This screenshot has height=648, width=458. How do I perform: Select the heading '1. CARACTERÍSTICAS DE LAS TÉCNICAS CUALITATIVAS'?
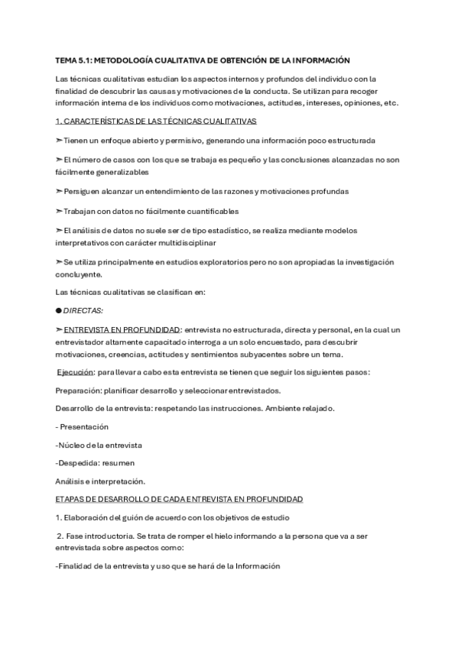(x=156, y=122)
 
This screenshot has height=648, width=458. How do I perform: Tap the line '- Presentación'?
(x=83, y=426)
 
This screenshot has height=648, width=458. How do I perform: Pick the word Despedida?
(x=79, y=462)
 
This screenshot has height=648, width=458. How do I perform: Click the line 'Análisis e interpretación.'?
(x=100, y=481)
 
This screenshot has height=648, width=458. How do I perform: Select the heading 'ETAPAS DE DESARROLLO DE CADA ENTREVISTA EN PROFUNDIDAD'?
(x=179, y=499)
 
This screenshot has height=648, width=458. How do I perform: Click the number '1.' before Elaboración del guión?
(x=59, y=517)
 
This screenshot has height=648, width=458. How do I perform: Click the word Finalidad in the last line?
(x=76, y=566)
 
